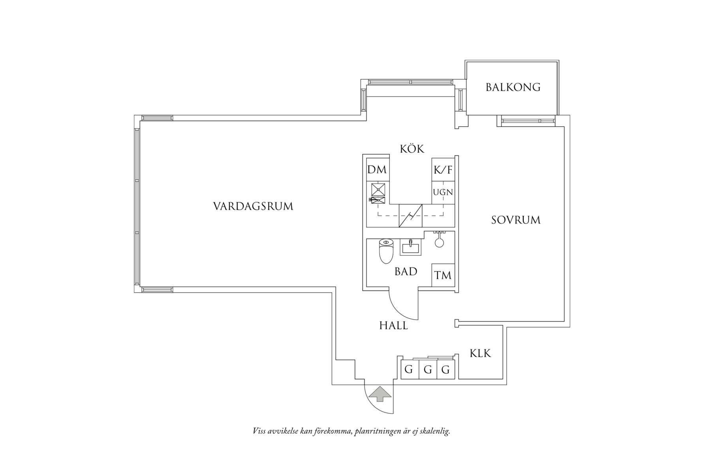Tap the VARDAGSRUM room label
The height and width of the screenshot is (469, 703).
coord(253,207)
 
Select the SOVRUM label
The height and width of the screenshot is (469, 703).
coord(515,220)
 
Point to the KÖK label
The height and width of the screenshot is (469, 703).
coord(412,149)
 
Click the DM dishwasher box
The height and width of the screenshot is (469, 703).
coord(377,170)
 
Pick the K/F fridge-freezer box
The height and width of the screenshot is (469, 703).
coord(443,170)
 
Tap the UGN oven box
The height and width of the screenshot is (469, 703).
coord(443,193)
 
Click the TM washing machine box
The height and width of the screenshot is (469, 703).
coord(443,275)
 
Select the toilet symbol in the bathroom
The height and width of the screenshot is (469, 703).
coord(386,251)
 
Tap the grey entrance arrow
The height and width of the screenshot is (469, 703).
coord(379,394)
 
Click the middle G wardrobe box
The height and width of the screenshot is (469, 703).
coord(428,370)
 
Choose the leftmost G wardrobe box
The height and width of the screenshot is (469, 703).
coord(409,370)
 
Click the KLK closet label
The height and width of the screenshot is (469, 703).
coord(480,353)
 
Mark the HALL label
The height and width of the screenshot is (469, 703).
coord(393,326)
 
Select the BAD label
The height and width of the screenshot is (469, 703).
coord(406,272)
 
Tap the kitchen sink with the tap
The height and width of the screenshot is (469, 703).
coord(378,200)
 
